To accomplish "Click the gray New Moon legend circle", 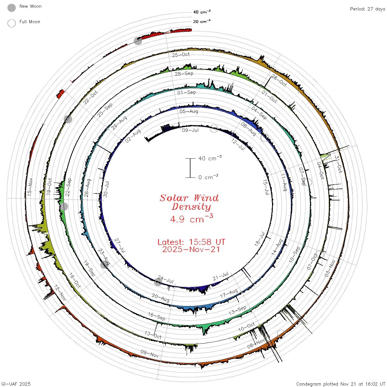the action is [12, 8].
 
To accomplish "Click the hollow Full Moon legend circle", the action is [12, 23].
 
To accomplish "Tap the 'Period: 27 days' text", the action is [367, 9].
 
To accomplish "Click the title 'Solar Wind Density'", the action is [189, 202].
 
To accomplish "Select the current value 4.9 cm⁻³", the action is [192, 219].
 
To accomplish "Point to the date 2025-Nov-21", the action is [191, 249].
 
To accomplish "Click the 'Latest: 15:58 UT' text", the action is [191, 242].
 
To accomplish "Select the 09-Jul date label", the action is [190, 130].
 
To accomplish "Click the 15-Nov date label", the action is [30, 187].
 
